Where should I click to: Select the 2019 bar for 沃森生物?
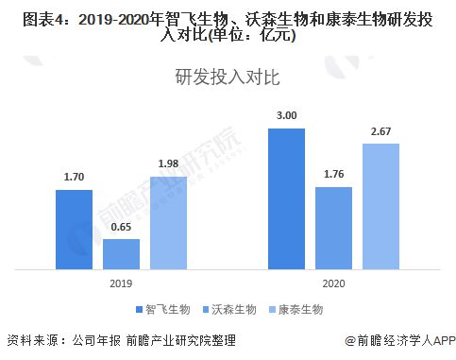coord(121,253)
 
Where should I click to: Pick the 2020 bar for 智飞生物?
coord(286,197)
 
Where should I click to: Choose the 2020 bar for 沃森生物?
coord(333,227)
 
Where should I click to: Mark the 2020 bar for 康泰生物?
coord(380,205)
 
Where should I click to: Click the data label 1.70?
coord(74,178)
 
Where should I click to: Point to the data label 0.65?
coord(121,228)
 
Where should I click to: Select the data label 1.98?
coord(168,164)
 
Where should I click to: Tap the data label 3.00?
coord(286,116)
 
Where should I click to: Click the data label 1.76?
coord(333,175)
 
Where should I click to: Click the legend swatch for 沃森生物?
coord(206,309)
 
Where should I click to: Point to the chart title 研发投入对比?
coord(228,77)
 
